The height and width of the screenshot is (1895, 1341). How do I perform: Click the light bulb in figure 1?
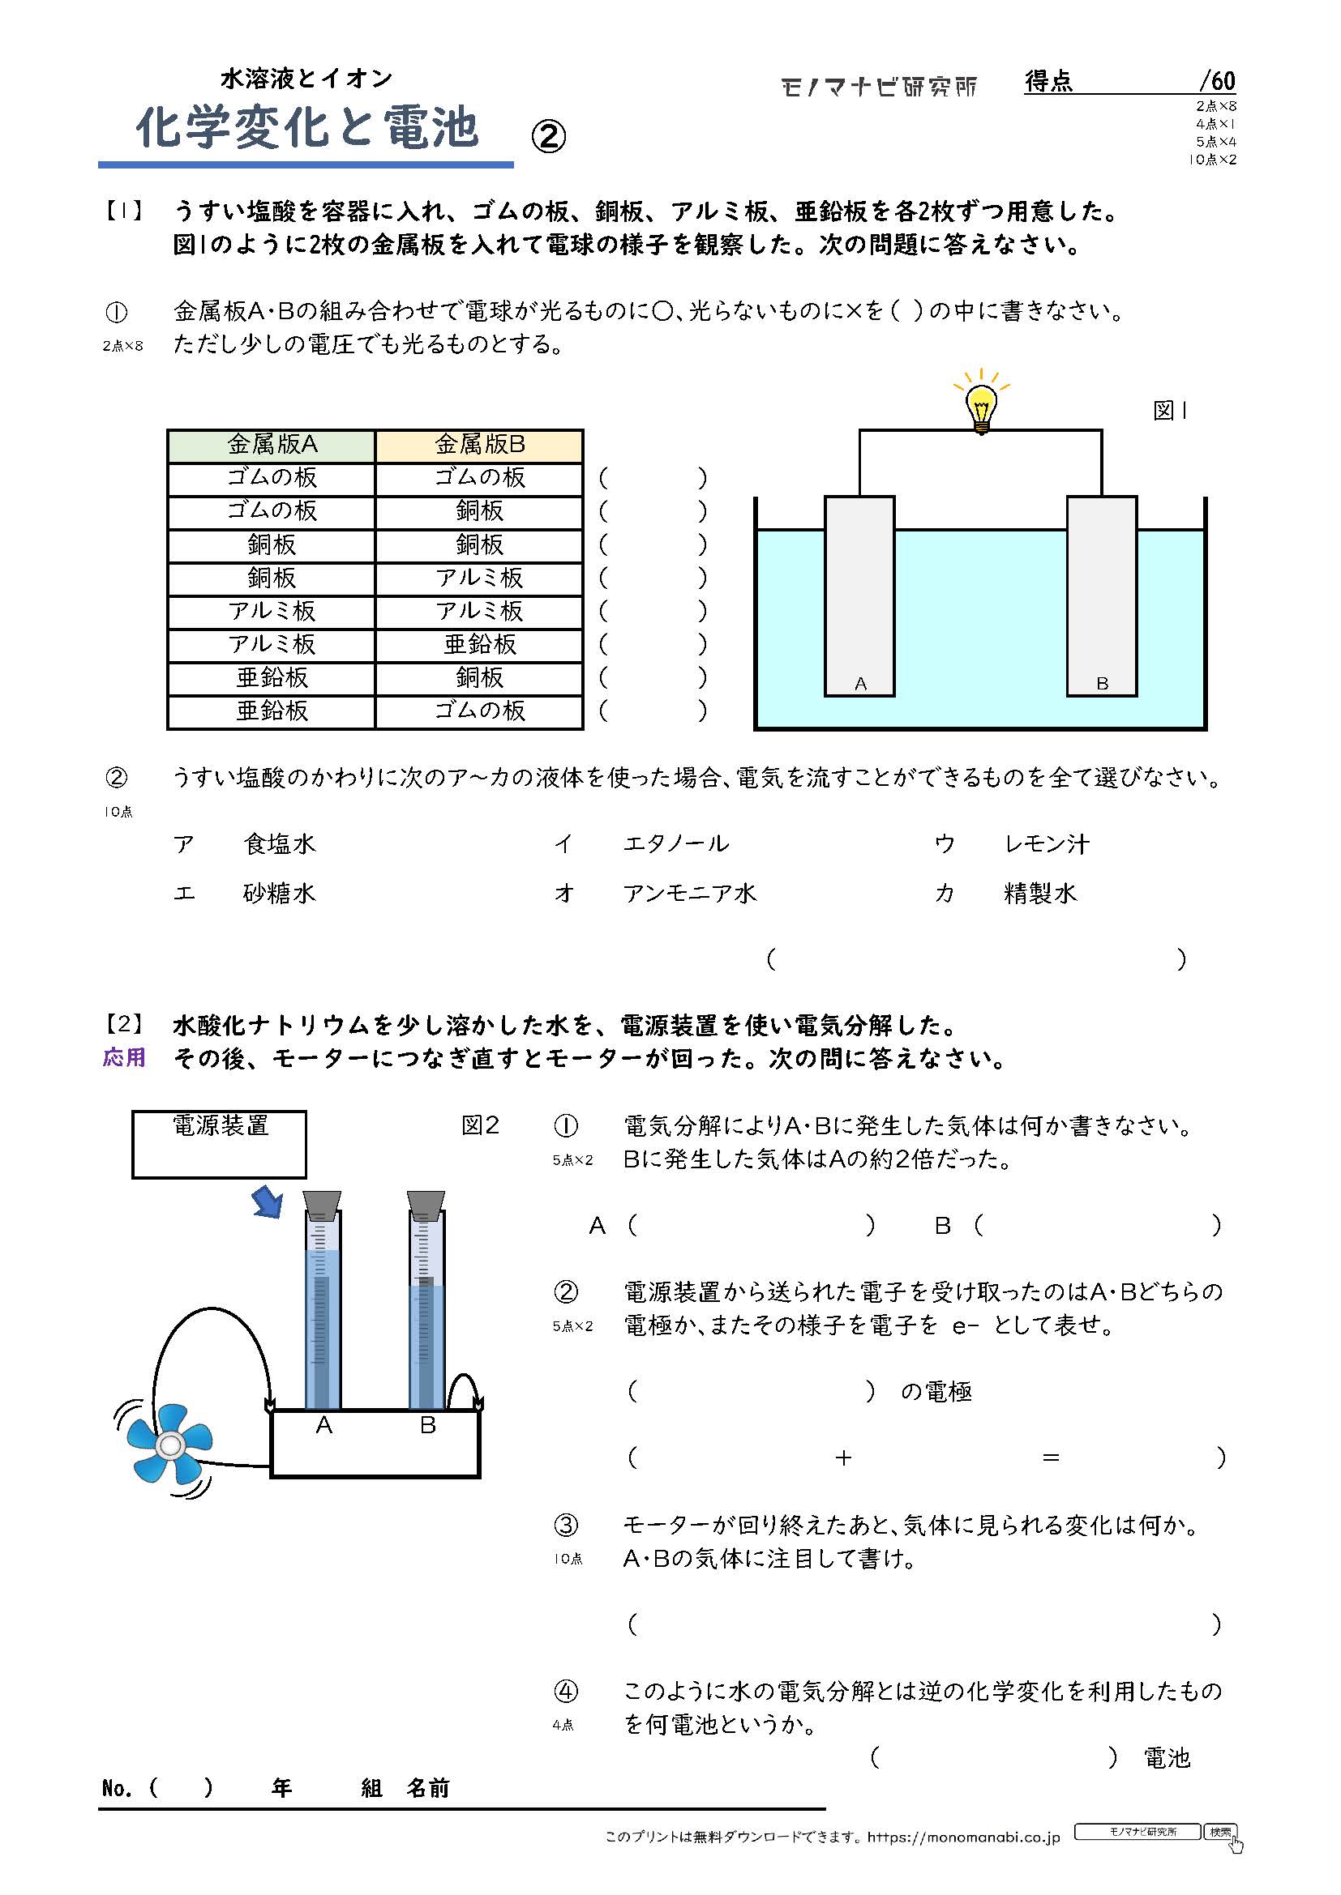(981, 406)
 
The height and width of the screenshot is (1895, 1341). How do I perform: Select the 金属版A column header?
(272, 446)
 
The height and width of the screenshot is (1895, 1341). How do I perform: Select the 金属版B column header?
(480, 446)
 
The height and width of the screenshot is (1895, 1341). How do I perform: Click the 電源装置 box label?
(220, 1126)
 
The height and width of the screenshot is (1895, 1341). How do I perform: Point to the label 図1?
(1168, 411)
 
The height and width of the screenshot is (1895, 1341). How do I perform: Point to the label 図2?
(480, 1126)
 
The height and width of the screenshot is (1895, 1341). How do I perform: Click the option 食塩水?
(279, 843)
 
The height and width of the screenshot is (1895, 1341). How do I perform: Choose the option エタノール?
(675, 843)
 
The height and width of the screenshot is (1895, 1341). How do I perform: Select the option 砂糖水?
(279, 893)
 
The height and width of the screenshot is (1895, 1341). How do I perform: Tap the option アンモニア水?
(689, 893)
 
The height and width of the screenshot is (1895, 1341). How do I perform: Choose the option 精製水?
(1039, 893)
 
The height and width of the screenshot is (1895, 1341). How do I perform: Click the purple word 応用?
(124, 1058)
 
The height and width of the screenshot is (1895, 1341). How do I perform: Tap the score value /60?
(1217, 81)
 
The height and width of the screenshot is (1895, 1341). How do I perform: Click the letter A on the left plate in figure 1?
(860, 684)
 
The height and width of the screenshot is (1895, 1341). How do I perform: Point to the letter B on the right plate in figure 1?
(1102, 684)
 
